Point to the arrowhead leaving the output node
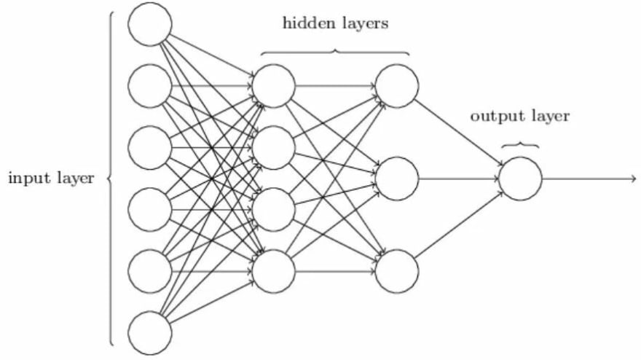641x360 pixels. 634,179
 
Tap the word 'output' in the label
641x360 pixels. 496,117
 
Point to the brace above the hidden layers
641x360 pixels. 335,52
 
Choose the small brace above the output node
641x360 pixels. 520,144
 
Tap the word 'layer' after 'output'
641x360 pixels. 548,117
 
